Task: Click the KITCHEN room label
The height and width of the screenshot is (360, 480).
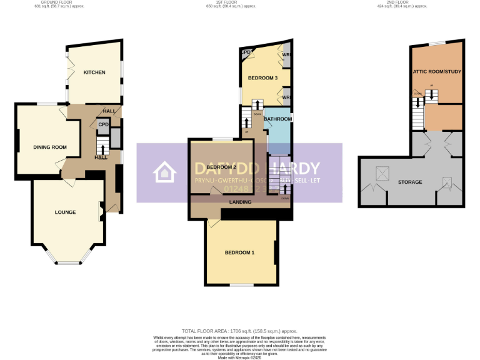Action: tap(94, 72)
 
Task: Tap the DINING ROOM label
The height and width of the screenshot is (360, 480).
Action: tap(50, 147)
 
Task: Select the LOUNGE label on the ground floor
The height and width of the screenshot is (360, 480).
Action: tap(65, 212)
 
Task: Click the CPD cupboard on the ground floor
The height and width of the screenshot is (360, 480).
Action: tap(103, 124)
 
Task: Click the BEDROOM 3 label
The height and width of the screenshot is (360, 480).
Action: tap(262, 78)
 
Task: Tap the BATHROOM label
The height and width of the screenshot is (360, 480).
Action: tap(277, 119)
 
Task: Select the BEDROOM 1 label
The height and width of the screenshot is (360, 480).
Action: tap(240, 252)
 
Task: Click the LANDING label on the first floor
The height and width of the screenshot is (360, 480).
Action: tap(241, 202)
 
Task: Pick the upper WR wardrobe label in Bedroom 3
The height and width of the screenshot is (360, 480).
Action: tap(286, 56)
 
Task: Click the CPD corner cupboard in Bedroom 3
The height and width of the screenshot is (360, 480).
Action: tap(246, 52)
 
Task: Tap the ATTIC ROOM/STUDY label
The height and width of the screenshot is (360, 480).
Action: tap(437, 72)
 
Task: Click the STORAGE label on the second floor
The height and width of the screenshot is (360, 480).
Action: tap(410, 182)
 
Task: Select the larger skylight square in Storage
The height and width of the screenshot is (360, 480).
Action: tap(380, 172)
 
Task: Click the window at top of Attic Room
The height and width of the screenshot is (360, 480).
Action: tap(437, 42)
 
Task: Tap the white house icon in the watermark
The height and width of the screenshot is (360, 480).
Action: tap(165, 172)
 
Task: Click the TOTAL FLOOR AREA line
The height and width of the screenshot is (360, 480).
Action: tap(240, 331)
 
